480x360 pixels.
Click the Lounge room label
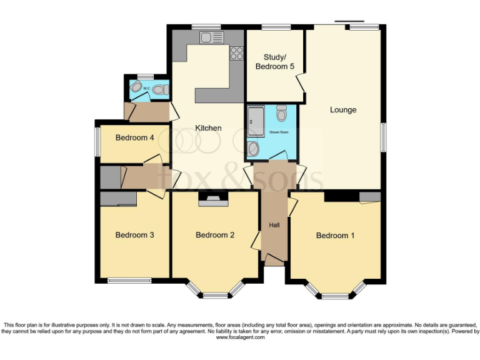(343, 110)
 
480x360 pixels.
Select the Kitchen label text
(209, 128)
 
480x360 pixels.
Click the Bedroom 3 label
(134, 235)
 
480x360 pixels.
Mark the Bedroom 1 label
(335, 236)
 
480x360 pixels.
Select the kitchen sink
(208, 38)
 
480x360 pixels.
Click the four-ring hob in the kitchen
(236, 53)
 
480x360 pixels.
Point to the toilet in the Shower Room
(281, 113)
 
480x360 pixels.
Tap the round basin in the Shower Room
(252, 149)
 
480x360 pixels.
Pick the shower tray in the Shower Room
(256, 121)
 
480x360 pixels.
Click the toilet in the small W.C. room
(159, 90)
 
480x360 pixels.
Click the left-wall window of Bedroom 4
(97, 142)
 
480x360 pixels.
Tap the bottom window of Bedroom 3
(129, 280)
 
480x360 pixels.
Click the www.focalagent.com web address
(240, 337)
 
